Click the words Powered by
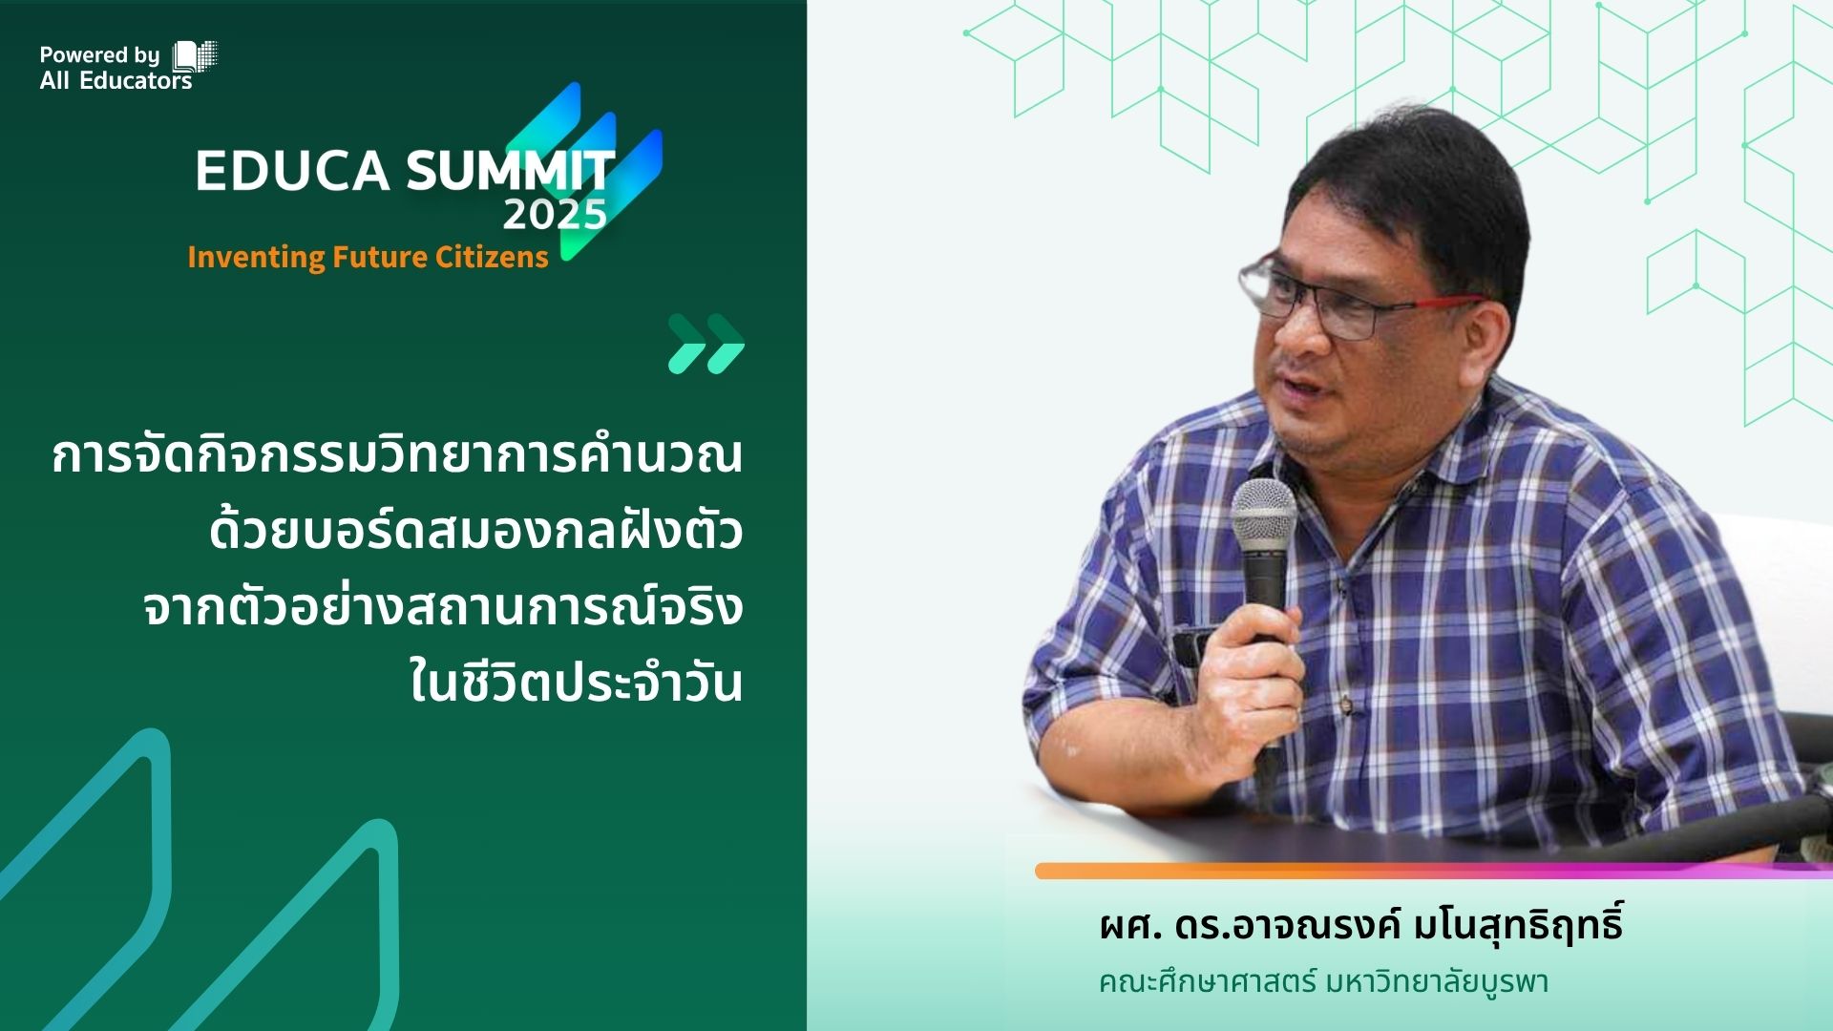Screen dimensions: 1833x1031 click(x=99, y=55)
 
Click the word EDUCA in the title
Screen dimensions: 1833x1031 click(x=293, y=171)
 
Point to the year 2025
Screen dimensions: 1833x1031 click(x=555, y=215)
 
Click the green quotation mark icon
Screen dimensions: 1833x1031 click(x=706, y=344)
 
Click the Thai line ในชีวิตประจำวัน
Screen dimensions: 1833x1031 click(x=576, y=680)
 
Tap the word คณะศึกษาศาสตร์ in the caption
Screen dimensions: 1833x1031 click(x=1207, y=981)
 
